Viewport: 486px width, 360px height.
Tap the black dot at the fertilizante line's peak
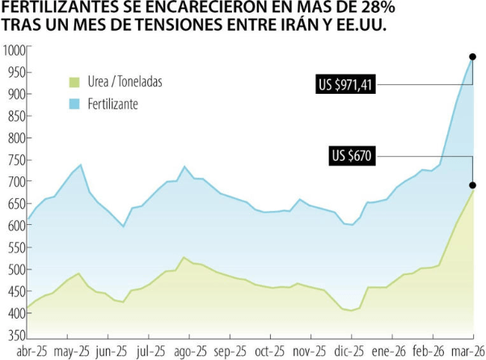point(472,57)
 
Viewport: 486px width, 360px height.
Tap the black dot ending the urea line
point(472,185)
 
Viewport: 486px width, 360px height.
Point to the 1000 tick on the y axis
point(13,50)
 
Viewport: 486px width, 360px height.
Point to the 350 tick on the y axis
point(13,335)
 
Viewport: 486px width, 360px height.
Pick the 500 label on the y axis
point(13,269)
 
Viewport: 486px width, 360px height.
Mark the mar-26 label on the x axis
point(468,352)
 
